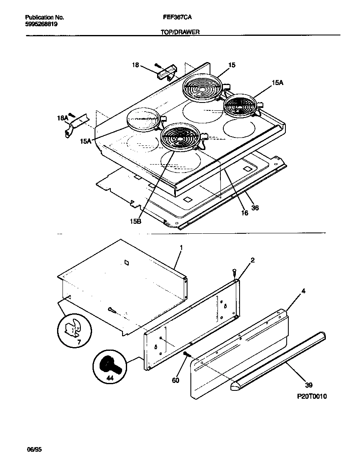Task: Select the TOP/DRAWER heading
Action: coord(177,31)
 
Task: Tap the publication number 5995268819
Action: coord(41,24)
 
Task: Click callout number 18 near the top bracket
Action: coord(135,65)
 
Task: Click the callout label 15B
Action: coord(136,221)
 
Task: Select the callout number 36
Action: coord(255,207)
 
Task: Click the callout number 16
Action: coord(245,212)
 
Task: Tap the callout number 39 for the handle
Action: coord(309,385)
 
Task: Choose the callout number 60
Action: coord(175,380)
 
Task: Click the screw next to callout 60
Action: coord(187,355)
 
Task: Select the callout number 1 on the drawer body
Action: coord(181,247)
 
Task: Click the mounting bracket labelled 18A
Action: coord(77,124)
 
